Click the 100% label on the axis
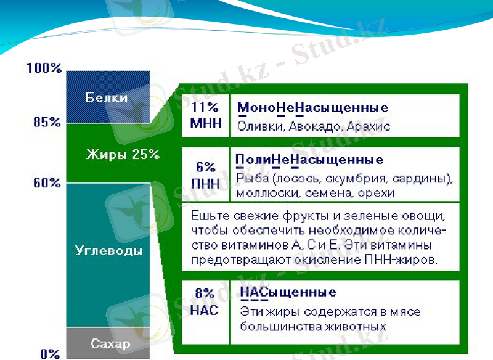pos(44,68)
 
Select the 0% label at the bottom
pos(50,354)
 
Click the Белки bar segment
pos(107,97)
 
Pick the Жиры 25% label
pos(122,154)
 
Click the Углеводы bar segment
pos(108,252)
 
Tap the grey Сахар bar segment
pos(108,343)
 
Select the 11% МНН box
pos(205,115)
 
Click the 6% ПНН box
pos(205,174)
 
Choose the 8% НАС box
pos(205,303)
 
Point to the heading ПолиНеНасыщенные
pos(309,160)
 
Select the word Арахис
pos(369,126)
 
